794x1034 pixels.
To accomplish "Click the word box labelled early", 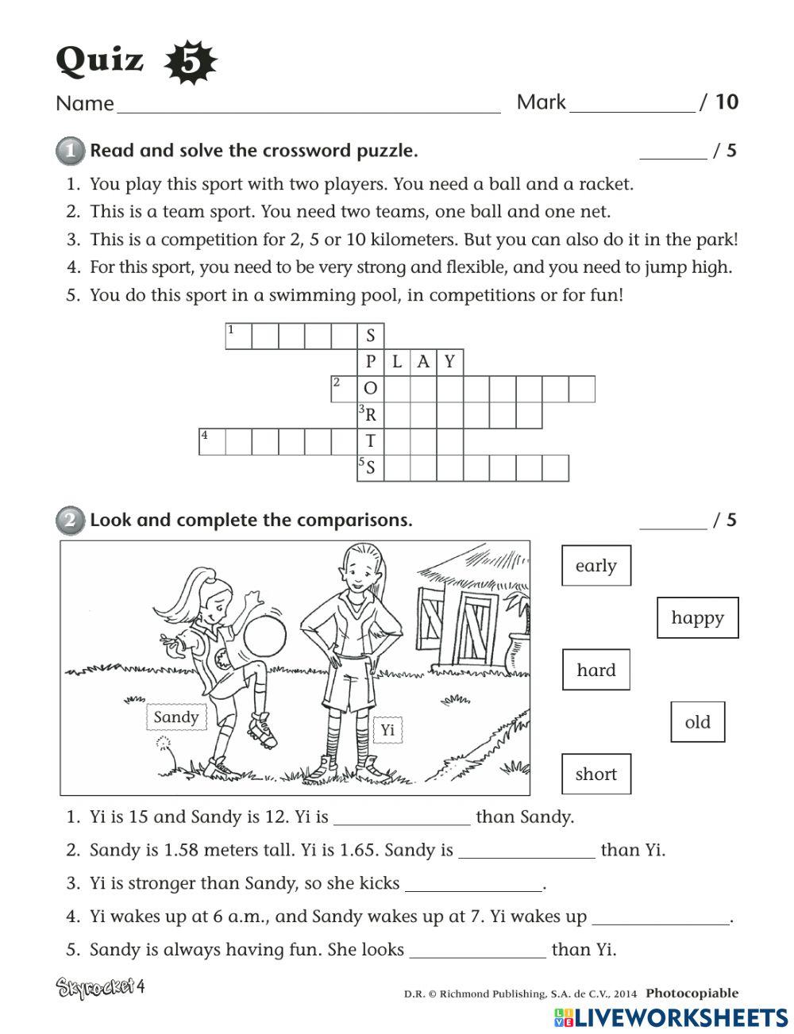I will click(x=596, y=566).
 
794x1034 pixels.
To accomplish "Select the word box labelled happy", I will click(x=697, y=617).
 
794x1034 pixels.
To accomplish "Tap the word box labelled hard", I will click(x=596, y=670).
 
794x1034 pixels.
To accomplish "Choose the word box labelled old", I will click(x=697, y=722).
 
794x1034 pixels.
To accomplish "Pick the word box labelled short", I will click(x=596, y=775).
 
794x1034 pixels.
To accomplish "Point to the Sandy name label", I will click(x=176, y=717).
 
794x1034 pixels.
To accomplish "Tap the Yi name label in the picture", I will click(x=387, y=729).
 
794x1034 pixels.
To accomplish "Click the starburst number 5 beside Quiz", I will click(x=190, y=63).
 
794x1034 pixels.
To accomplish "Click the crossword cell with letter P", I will click(x=371, y=363).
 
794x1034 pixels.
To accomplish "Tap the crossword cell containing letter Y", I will click(x=450, y=363).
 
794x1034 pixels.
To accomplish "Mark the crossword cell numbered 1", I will click(x=238, y=336).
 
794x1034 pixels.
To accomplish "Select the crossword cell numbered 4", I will click(x=212, y=441).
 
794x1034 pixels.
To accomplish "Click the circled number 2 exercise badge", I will click(x=70, y=521).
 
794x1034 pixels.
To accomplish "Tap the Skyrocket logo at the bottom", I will click(x=100, y=988).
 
